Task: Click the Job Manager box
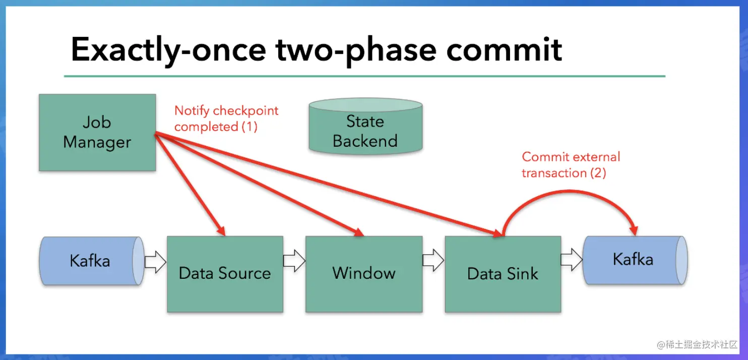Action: (97, 133)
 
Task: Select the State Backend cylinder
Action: (365, 126)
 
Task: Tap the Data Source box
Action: (225, 274)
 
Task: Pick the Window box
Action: (364, 274)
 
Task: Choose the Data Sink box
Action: (503, 274)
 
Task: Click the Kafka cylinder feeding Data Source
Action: (92, 261)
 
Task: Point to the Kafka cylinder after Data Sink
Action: (635, 260)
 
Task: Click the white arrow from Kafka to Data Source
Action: (155, 262)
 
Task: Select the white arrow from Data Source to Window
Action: (294, 261)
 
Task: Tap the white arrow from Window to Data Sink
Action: (433, 260)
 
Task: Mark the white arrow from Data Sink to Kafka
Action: (572, 260)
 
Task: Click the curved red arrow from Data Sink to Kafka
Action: (570, 191)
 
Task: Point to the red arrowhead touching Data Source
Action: (221, 230)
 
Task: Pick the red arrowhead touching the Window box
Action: (359, 232)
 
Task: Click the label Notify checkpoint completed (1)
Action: (226, 118)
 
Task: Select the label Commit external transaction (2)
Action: (571, 165)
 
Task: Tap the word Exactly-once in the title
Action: (168, 49)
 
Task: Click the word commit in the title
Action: (504, 49)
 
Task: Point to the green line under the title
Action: (364, 76)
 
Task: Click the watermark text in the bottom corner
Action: (697, 344)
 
